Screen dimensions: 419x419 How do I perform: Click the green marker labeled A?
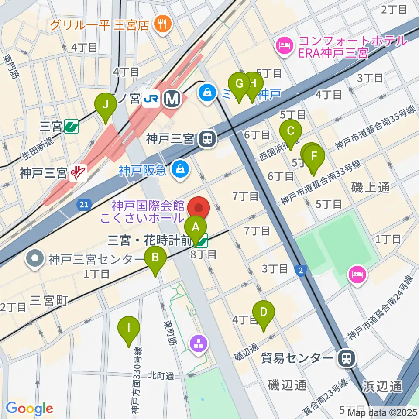click(195, 227)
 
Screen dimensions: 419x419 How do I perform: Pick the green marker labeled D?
click(263, 312)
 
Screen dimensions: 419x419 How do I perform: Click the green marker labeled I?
click(129, 327)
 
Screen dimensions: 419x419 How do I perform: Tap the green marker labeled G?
click(239, 83)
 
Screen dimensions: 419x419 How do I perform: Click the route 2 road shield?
click(300, 271)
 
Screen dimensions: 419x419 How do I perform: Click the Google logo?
click(29, 409)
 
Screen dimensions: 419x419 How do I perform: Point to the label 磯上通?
click(371, 188)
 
